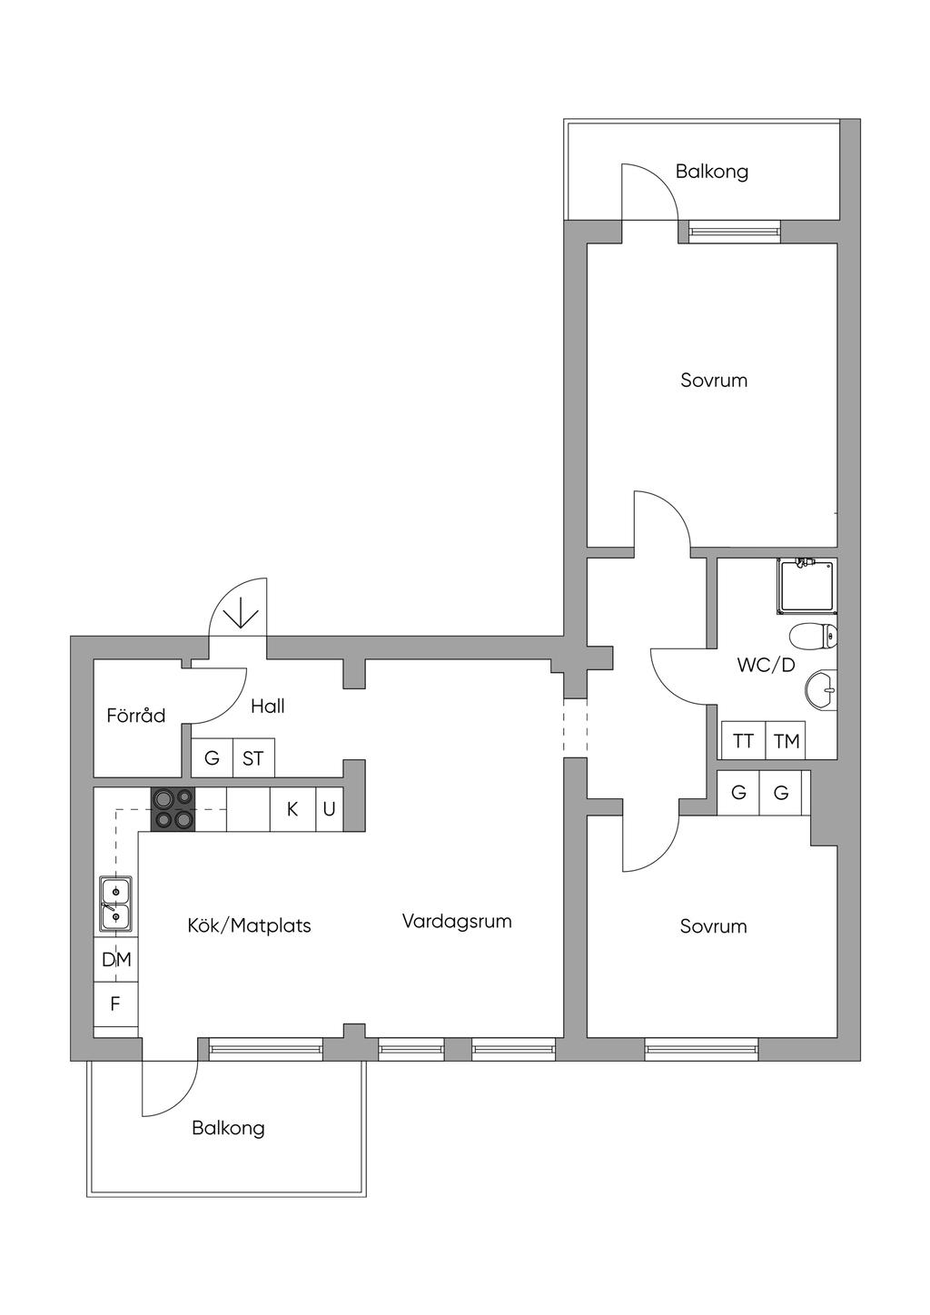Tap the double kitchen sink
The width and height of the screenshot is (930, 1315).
pyautogui.click(x=115, y=905)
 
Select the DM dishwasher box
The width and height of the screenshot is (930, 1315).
pyautogui.click(x=116, y=959)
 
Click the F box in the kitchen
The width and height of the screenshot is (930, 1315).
pyautogui.click(x=115, y=1004)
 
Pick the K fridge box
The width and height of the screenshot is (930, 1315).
pyautogui.click(x=292, y=808)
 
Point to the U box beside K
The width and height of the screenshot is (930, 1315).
pyautogui.click(x=329, y=808)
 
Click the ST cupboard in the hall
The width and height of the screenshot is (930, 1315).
pyautogui.click(x=253, y=758)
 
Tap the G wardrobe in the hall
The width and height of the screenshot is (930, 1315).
pyautogui.click(x=212, y=758)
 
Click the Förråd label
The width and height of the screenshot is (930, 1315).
pyautogui.click(x=136, y=716)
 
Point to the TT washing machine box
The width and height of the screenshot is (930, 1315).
pyautogui.click(x=743, y=741)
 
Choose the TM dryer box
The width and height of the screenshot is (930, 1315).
pyautogui.click(x=787, y=741)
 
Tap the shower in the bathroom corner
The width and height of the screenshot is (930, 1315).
pyautogui.click(x=806, y=586)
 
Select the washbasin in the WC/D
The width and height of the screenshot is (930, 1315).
pyautogui.click(x=821, y=690)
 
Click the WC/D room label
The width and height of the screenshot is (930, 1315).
pyautogui.click(x=766, y=665)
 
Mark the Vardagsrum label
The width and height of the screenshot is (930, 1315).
pyautogui.click(x=457, y=921)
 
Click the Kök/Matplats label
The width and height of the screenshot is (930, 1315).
pyautogui.click(x=249, y=925)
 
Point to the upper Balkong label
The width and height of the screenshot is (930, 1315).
pyautogui.click(x=712, y=171)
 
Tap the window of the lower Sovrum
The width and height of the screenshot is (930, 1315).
pyautogui.click(x=701, y=1050)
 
